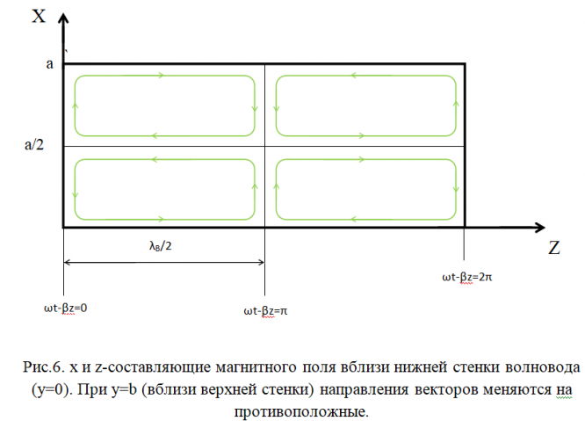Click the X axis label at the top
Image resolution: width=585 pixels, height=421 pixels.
click(x=40, y=15)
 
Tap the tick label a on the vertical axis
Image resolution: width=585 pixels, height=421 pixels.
click(x=50, y=64)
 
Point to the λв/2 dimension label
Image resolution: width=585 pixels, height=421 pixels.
click(x=160, y=247)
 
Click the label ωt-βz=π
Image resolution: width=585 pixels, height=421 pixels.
click(x=265, y=310)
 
